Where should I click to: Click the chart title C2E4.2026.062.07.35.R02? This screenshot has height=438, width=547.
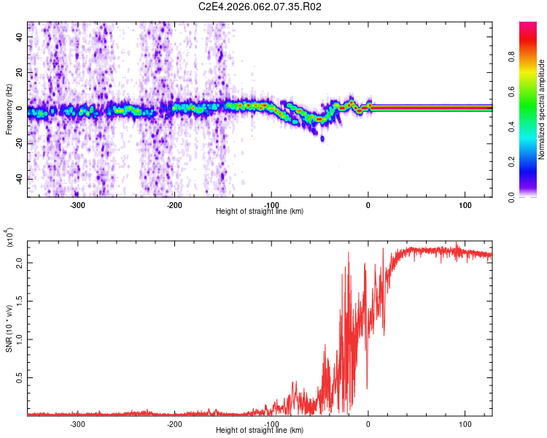(260, 7)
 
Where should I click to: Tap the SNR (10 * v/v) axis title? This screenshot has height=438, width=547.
(9, 326)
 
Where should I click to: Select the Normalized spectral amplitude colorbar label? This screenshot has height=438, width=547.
(541, 109)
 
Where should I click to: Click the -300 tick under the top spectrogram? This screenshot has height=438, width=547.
(77, 205)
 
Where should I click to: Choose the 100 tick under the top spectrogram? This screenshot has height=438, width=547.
(465, 205)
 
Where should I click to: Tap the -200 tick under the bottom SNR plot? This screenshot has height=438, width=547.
(174, 424)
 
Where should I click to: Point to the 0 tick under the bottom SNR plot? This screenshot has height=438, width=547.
(368, 424)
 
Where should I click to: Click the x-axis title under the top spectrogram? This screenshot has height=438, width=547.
(260, 211)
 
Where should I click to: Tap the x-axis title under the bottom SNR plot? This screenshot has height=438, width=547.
(260, 431)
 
